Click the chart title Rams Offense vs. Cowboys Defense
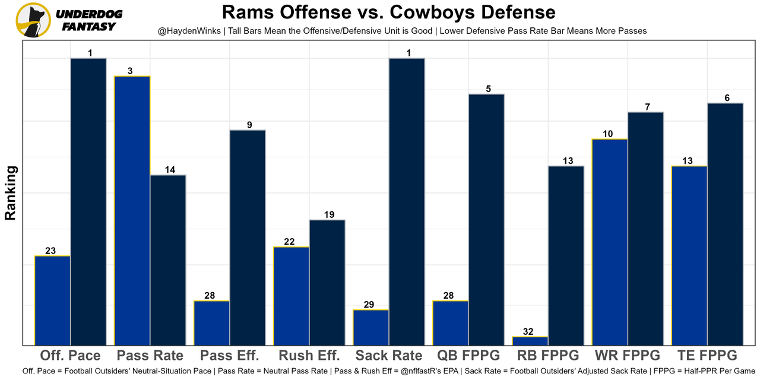click(x=389, y=12)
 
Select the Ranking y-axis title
click(x=11, y=193)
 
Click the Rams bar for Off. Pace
click(x=53, y=300)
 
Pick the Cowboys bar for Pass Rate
click(x=168, y=259)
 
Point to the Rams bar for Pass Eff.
click(x=212, y=322)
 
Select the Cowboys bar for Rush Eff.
click(x=327, y=282)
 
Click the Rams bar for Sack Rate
click(x=371, y=327)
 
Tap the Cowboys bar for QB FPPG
click(x=486, y=219)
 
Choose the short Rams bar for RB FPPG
click(x=530, y=341)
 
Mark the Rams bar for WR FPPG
click(x=610, y=242)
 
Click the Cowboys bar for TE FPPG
click(x=725, y=224)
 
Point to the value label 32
click(x=530, y=332)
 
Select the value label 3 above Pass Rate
click(x=130, y=71)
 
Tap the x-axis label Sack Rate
click(x=389, y=356)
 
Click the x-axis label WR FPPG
click(x=627, y=356)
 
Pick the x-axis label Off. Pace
click(x=70, y=356)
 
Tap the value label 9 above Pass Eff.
click(x=249, y=125)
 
